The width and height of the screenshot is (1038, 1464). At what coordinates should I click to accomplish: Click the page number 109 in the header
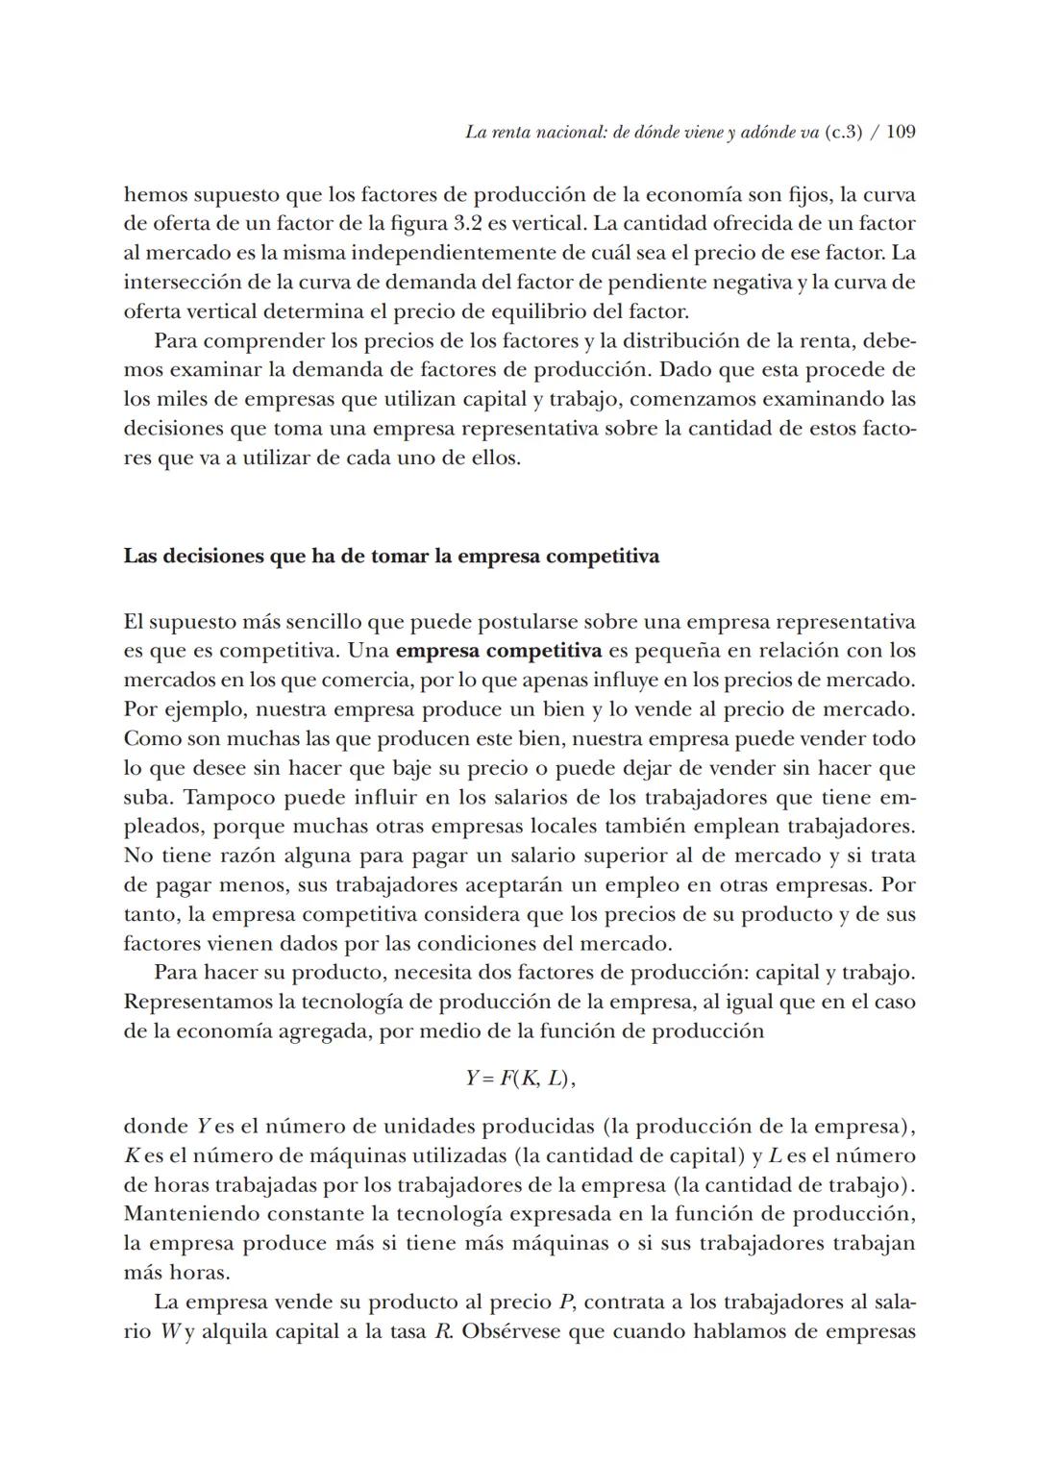[x=900, y=133]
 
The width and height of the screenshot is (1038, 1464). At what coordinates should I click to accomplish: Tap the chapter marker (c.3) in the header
[x=843, y=133]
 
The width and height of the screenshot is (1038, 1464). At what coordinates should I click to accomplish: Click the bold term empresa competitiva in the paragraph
[x=499, y=651]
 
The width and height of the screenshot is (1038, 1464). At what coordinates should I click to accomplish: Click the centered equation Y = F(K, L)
[x=520, y=1079]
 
